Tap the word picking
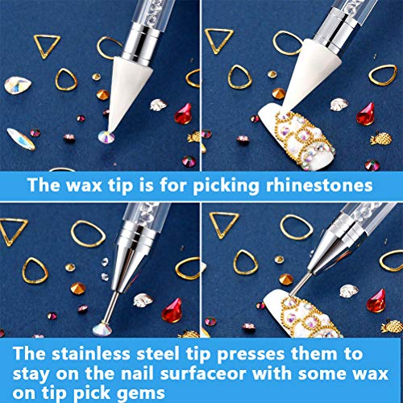click(226, 186)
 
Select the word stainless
click(91, 353)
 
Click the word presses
click(251, 355)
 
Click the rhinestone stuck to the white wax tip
click(106, 136)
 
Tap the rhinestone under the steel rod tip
click(102, 330)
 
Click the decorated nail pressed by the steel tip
click(302, 314)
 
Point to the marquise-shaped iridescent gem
click(21, 139)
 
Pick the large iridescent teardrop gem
click(18, 85)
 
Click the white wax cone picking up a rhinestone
click(128, 91)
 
